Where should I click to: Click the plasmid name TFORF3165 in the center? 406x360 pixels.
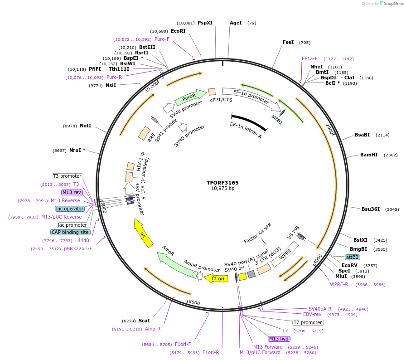222,183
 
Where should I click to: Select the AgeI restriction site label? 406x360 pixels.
236,23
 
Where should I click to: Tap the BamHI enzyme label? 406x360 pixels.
369,155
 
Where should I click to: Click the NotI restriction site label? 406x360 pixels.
85,126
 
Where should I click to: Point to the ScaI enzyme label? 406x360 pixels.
144,321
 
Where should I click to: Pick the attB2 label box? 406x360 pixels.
353,257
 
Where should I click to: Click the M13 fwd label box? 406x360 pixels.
279,339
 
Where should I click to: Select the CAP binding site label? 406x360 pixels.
70,232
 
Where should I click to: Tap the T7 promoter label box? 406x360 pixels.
308,323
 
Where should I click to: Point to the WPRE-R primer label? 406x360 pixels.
339,284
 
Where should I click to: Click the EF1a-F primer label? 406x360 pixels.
309,58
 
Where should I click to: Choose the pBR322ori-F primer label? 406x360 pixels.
78,248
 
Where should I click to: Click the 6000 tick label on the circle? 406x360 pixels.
194,302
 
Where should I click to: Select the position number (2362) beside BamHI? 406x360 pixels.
391,155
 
